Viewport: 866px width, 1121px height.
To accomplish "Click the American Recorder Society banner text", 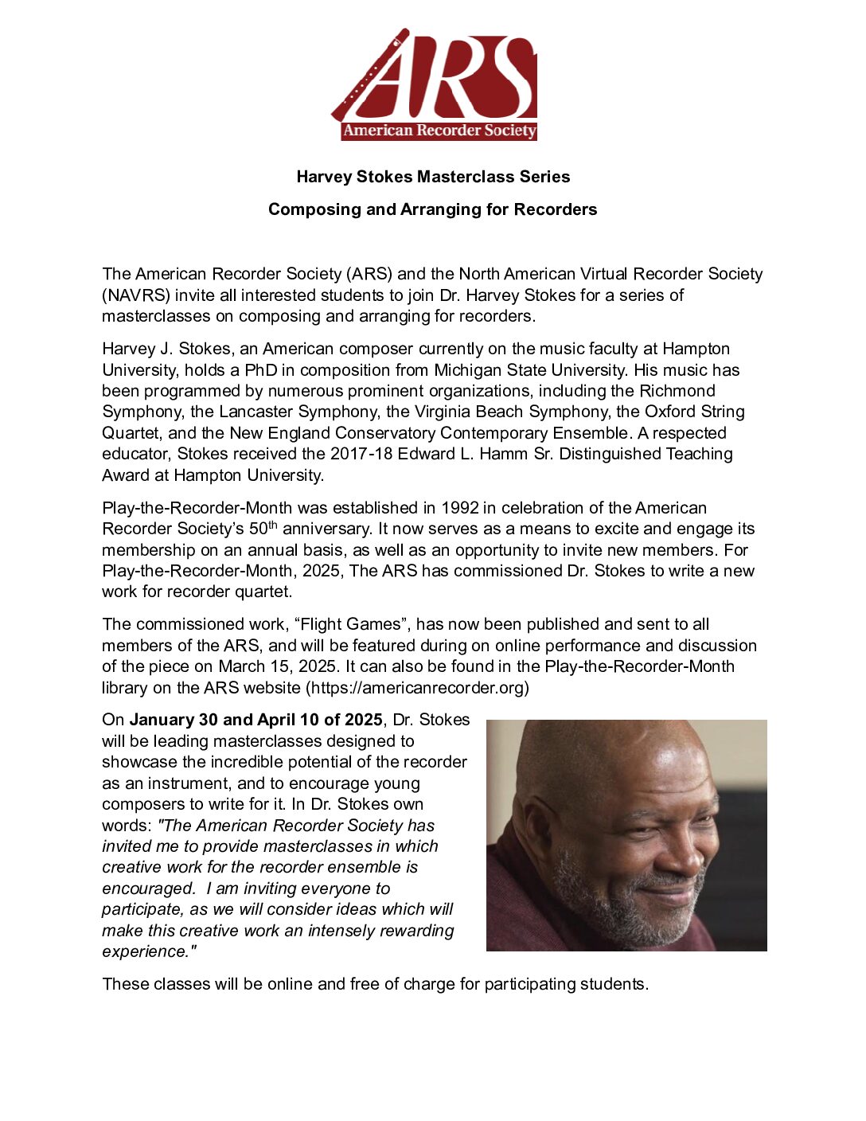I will tap(439, 131).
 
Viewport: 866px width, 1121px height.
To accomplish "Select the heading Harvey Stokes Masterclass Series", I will tap(433, 177).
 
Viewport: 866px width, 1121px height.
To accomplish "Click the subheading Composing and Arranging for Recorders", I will tap(432, 209).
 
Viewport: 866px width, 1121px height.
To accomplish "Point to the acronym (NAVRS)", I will tap(136, 295).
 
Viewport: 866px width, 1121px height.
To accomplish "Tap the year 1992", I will tap(459, 508).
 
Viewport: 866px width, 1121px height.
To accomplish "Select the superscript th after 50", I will tap(272, 525).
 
